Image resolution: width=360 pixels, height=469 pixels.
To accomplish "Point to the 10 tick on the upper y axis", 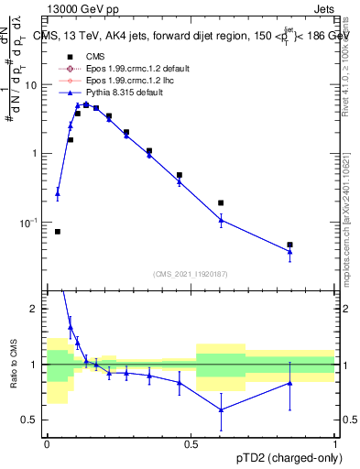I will click(35, 85).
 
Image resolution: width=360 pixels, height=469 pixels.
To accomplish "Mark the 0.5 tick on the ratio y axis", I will click(33, 420).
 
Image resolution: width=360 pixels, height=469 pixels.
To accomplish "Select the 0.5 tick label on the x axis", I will click(191, 444).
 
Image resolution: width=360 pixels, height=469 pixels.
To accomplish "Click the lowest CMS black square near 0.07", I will click(58, 232).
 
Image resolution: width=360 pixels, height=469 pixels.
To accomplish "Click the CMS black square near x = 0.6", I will click(221, 202).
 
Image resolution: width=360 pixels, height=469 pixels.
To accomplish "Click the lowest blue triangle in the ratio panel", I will click(221, 409).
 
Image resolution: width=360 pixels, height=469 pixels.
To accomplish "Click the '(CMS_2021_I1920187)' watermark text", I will click(191, 273).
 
